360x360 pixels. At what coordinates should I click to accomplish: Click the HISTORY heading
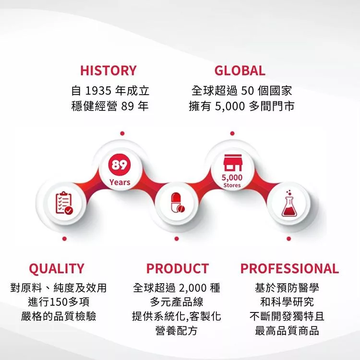point(108,71)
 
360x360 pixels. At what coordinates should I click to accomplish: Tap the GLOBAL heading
point(240,71)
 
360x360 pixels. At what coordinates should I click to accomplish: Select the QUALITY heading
point(57,269)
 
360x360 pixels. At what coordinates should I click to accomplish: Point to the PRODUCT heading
point(178,268)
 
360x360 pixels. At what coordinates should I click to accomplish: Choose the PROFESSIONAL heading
point(289,268)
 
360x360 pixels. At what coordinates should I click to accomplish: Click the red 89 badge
point(120,165)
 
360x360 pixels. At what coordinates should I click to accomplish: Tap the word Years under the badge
point(120,182)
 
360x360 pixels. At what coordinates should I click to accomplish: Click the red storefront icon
point(233,163)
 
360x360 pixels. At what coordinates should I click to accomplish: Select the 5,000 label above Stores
point(232,178)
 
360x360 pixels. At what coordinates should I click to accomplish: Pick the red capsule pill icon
point(178,203)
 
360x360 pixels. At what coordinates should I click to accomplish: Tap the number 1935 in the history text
point(98,91)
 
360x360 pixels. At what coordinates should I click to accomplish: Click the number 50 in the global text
point(247,91)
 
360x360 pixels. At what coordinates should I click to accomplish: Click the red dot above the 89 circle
point(122,133)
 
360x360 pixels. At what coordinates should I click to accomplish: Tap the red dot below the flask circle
point(289,239)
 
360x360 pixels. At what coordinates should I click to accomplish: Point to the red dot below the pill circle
point(177,239)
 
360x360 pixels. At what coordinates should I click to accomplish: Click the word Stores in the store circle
point(232,185)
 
